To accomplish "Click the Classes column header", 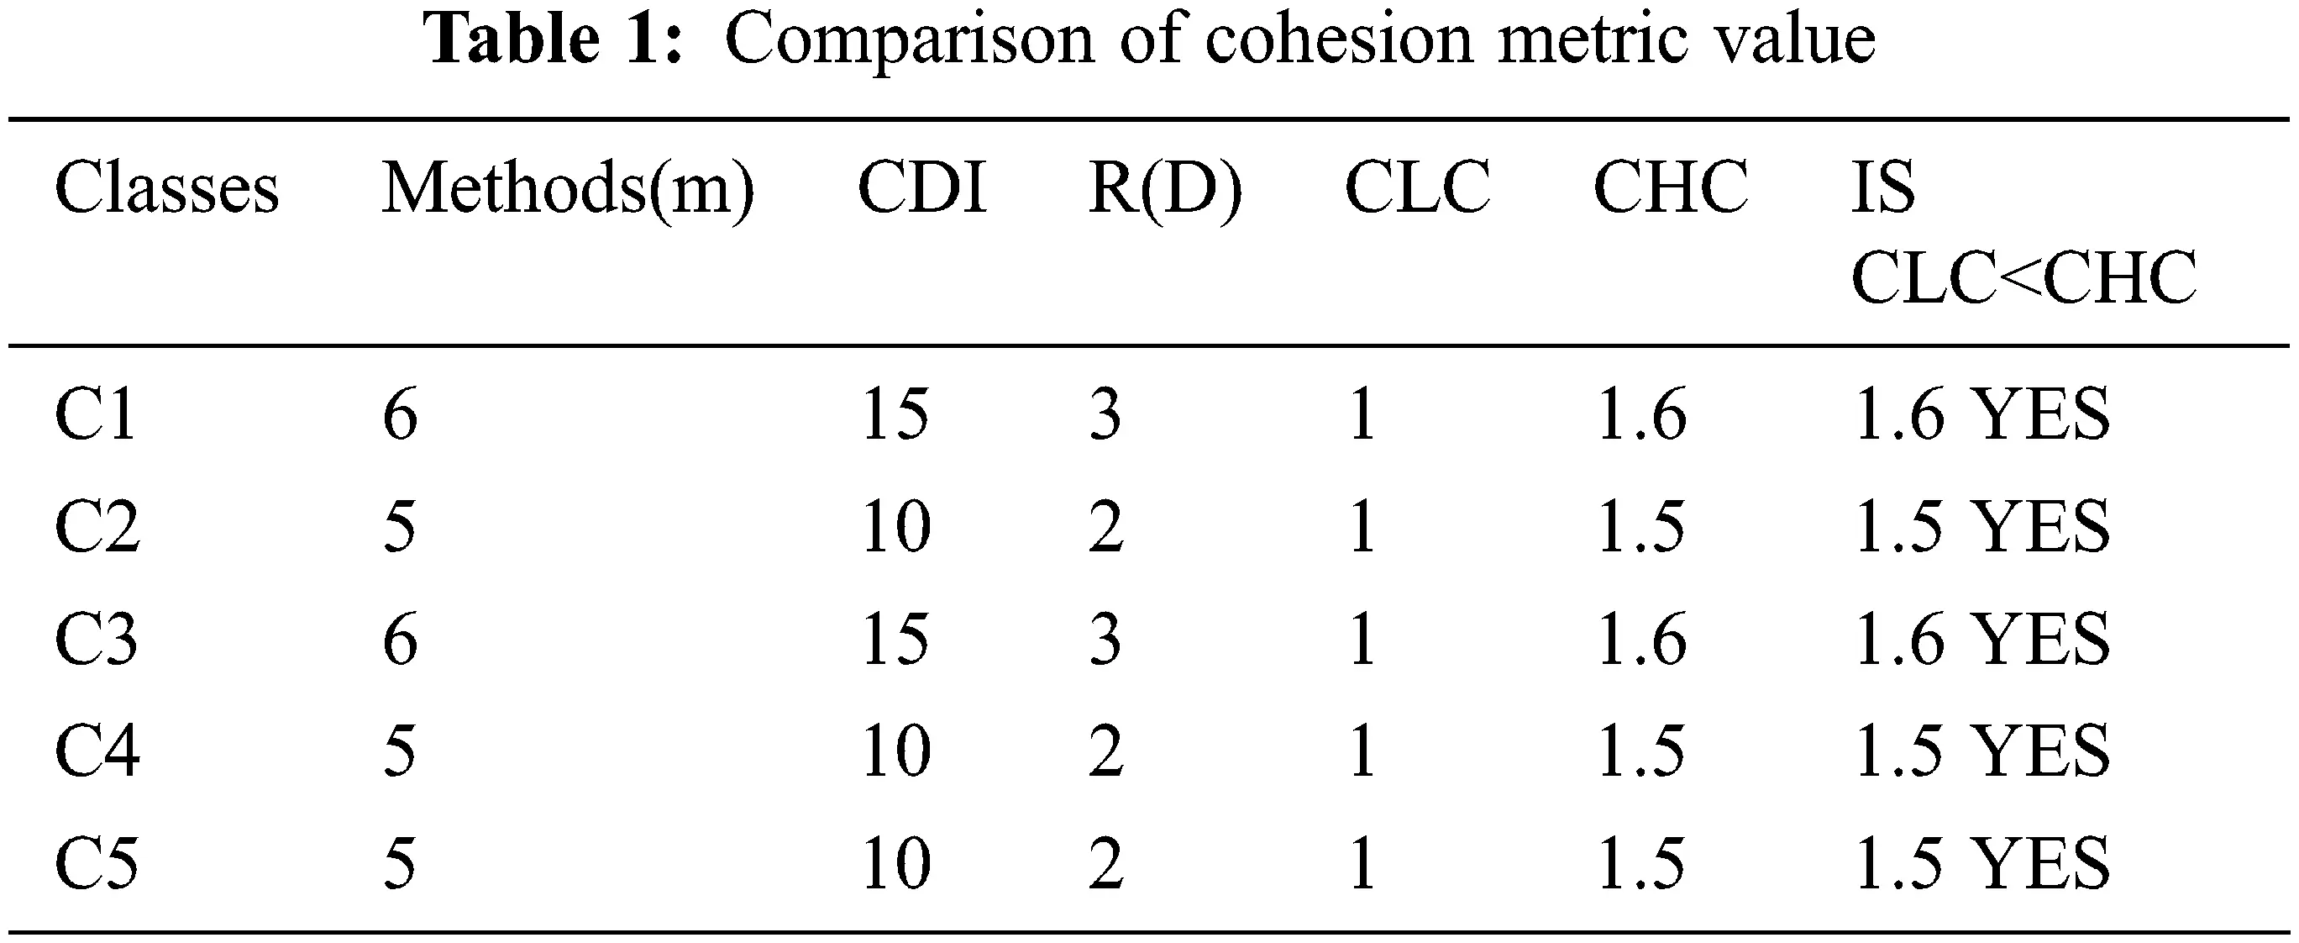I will pyautogui.click(x=167, y=189).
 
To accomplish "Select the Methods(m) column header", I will pyautogui.click(x=568, y=189).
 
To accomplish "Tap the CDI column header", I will pyautogui.click(x=922, y=189).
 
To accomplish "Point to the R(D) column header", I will pyautogui.click(x=1165, y=189).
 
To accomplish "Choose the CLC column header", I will pyautogui.click(x=1417, y=189).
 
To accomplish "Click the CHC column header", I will pyautogui.click(x=1671, y=189).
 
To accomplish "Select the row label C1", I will pyautogui.click(x=96, y=415).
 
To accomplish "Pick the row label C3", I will pyautogui.click(x=97, y=640).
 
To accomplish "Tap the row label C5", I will pyautogui.click(x=97, y=864).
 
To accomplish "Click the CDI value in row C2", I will pyautogui.click(x=896, y=528).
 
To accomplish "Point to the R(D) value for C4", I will pyautogui.click(x=1105, y=752).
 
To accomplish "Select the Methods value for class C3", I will pyautogui.click(x=401, y=640).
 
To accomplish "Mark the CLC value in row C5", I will pyautogui.click(x=1362, y=864).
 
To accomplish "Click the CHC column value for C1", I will pyautogui.click(x=1640, y=415).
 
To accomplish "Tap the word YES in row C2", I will pyautogui.click(x=2039, y=528).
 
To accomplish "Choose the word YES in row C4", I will pyautogui.click(x=2039, y=752).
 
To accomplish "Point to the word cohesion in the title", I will pyautogui.click(x=1339, y=40).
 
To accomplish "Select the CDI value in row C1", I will pyautogui.click(x=896, y=415).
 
